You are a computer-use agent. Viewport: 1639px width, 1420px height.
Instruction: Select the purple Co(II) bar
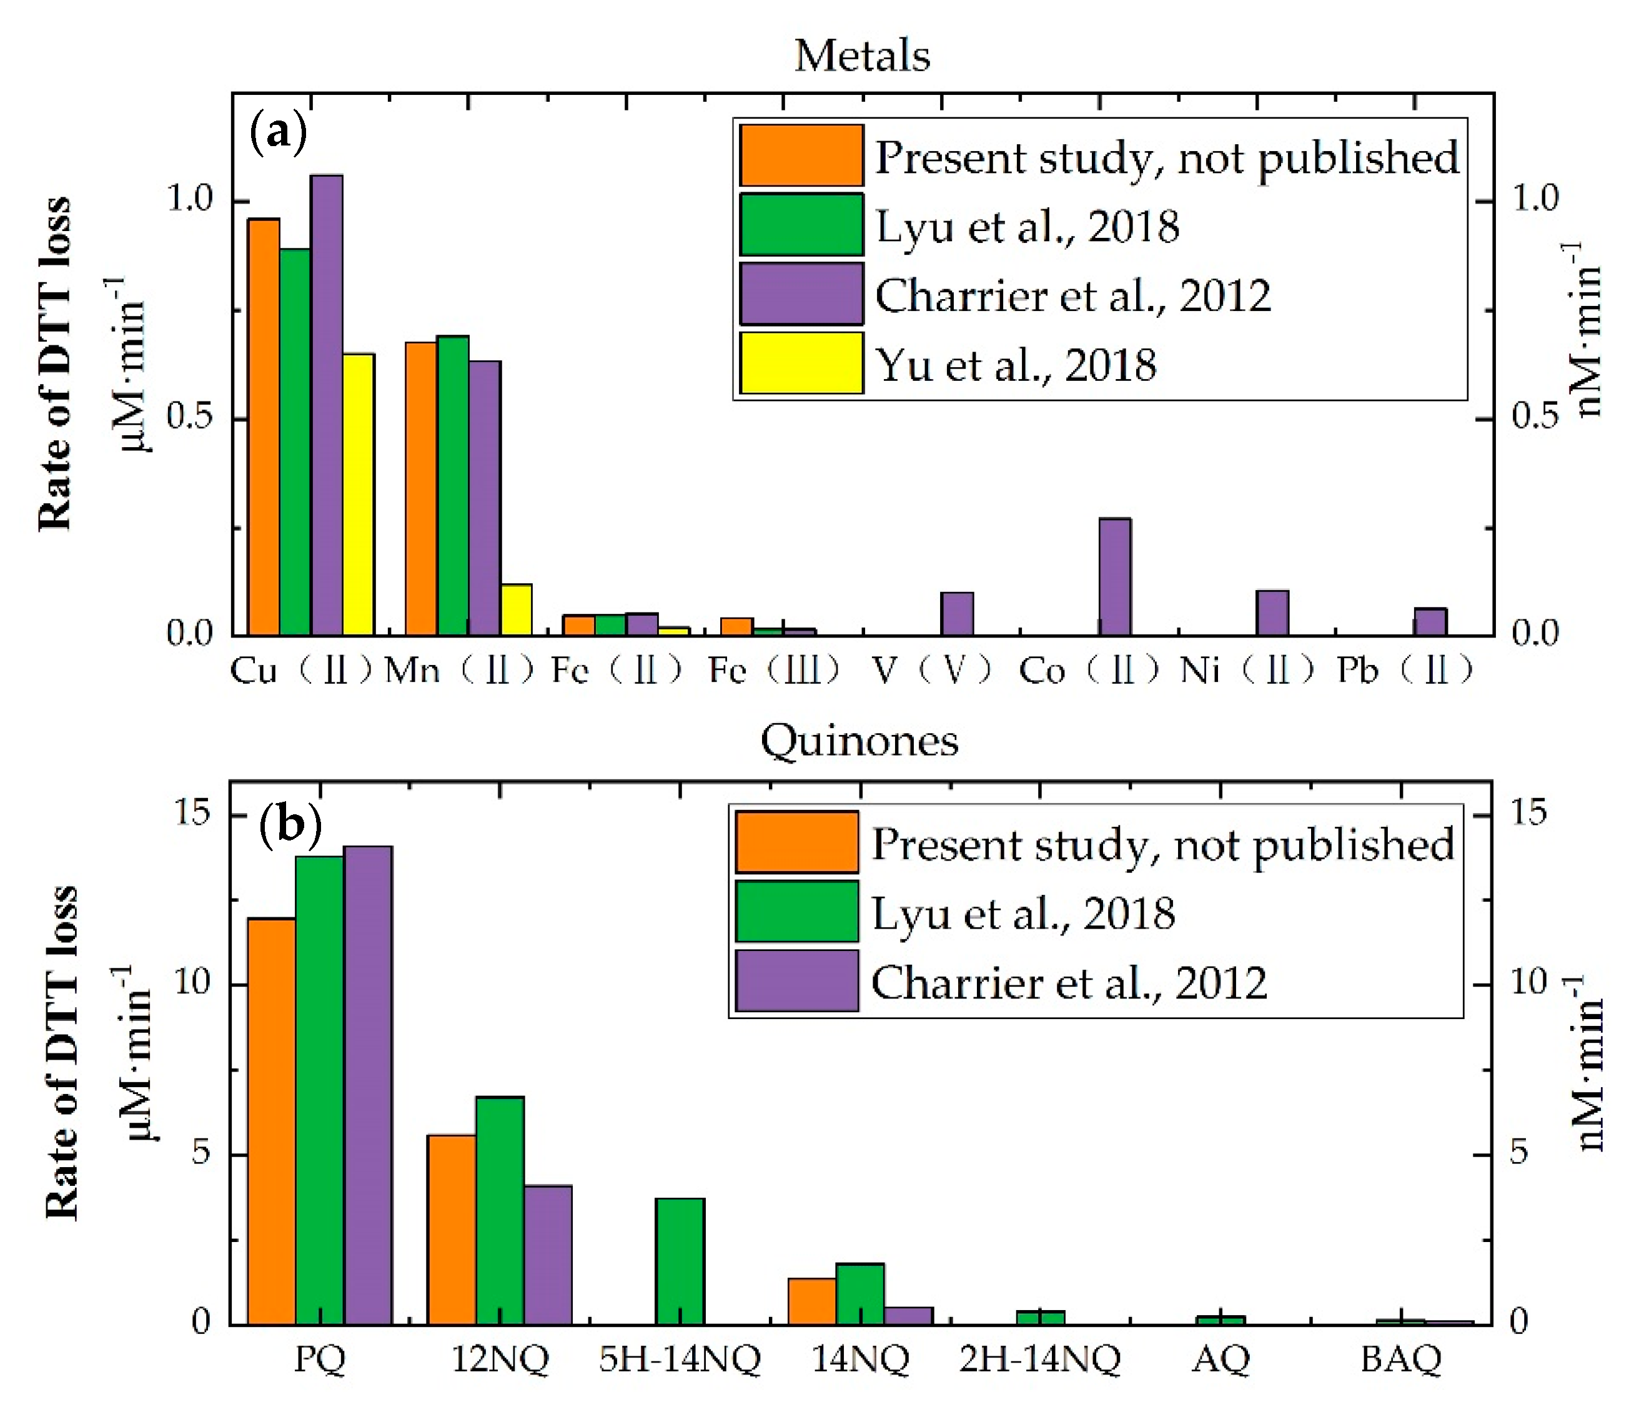pyautogui.click(x=1114, y=577)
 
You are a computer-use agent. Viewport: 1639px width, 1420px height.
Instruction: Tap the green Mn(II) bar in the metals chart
pyautogui.click(x=453, y=485)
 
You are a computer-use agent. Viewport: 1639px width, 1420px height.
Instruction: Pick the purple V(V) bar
pyautogui.click(x=957, y=613)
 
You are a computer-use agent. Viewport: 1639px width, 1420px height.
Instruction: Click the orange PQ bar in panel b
pyautogui.click(x=272, y=1122)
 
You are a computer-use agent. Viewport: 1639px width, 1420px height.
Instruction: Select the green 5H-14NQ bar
pyautogui.click(x=680, y=1261)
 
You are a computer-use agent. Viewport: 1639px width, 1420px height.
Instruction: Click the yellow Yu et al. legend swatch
pyautogui.click(x=801, y=363)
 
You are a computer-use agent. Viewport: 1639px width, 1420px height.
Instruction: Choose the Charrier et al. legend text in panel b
pyautogui.click(x=1068, y=983)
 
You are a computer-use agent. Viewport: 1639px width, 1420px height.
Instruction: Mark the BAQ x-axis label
pyautogui.click(x=1400, y=1360)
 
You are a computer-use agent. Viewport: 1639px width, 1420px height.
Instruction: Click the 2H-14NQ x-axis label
pyautogui.click(x=1040, y=1360)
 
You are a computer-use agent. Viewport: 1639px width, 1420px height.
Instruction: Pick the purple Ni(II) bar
pyautogui.click(x=1272, y=613)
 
